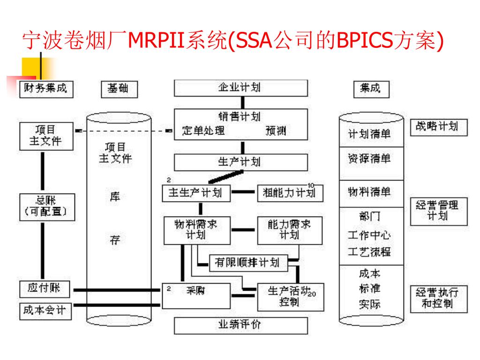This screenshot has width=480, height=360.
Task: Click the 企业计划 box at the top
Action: [241, 88]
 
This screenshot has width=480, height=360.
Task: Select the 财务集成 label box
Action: [45, 88]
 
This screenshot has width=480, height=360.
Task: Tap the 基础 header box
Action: [120, 89]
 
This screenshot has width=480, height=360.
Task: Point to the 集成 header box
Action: [371, 89]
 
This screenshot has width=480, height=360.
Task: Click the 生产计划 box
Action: [241, 162]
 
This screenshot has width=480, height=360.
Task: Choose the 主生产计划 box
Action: [196, 193]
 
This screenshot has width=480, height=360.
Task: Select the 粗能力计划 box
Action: [290, 193]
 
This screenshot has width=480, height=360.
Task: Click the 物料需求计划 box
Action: [196, 230]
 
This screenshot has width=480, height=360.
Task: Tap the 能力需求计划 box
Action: [290, 230]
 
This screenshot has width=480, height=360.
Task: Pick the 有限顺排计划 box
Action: [247, 262]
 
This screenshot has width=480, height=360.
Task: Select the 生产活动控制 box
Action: [290, 296]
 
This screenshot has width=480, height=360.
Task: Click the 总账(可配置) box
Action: [46, 206]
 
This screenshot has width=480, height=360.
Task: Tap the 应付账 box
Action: [45, 289]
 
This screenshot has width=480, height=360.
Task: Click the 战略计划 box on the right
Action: [439, 127]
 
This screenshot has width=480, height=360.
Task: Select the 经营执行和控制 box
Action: [439, 298]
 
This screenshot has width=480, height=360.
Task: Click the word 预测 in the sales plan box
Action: [276, 131]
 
